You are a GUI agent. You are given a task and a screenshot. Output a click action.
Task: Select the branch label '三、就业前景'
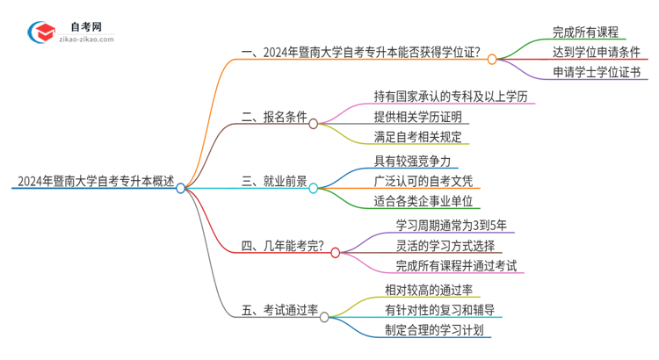click(274, 183)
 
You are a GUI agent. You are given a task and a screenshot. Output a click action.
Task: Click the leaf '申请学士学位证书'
click(597, 73)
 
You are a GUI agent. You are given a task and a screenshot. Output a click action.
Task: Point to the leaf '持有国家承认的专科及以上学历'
click(450, 96)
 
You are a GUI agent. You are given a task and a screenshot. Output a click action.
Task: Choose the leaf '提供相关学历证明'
click(417, 117)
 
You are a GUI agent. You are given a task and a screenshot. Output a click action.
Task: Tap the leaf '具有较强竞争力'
click(411, 162)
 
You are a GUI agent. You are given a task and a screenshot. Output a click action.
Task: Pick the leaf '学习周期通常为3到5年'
click(451, 226)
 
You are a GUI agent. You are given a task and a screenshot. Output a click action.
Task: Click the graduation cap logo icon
click(40, 32)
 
